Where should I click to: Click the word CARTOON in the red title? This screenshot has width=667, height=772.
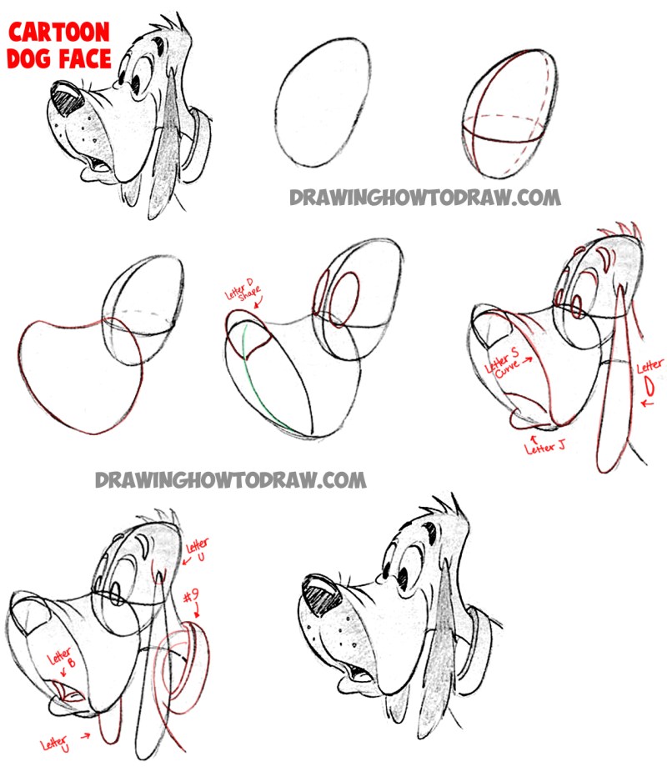[59, 33]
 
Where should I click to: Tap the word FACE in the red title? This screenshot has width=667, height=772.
[85, 58]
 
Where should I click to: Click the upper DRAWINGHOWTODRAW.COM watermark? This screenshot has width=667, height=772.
[425, 198]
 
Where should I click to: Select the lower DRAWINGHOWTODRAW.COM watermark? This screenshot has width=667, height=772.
[230, 480]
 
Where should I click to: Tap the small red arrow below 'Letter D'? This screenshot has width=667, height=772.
[647, 404]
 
